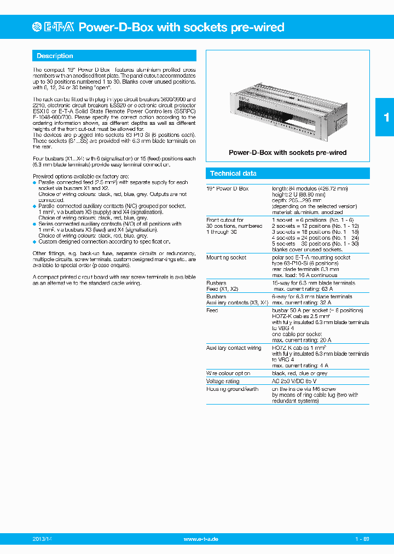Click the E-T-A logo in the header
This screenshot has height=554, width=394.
tap(54, 27)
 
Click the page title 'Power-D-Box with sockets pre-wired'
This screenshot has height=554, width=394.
tap(182, 27)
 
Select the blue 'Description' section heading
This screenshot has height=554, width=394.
tap(55, 56)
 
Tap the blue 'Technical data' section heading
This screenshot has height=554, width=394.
tap(233, 174)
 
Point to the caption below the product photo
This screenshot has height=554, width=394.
tap(287, 153)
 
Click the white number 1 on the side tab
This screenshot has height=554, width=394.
tap(386, 117)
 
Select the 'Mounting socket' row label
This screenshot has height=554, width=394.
tap(226, 257)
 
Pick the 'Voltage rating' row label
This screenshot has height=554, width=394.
tap(223, 381)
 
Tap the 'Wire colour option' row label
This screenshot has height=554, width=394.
tap(228, 373)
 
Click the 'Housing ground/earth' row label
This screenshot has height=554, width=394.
tap(232, 389)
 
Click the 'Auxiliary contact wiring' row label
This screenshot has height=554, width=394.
tap(234, 348)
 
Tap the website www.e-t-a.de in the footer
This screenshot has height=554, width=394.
tap(201, 539)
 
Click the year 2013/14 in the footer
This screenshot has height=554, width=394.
tap(43, 539)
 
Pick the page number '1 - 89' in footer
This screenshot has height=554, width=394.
tap(362, 539)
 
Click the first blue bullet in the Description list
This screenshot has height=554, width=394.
tap(34, 182)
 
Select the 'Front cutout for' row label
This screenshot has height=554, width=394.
tap(225, 220)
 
